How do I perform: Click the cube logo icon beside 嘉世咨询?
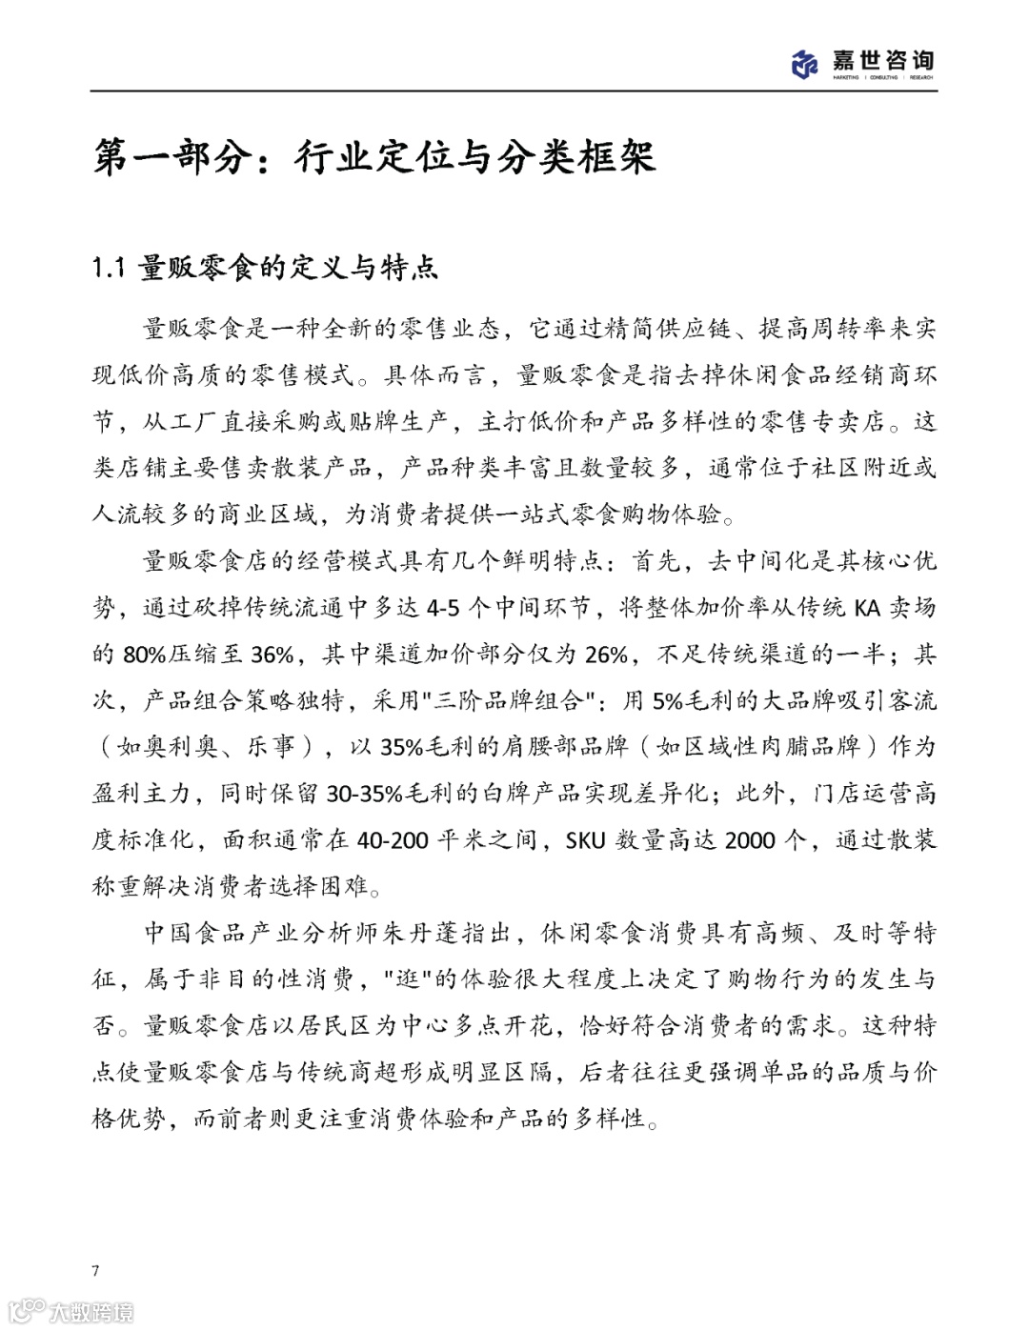point(805,63)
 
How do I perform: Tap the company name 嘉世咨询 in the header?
point(882,59)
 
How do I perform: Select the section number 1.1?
point(109,269)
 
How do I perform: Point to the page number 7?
point(95,1270)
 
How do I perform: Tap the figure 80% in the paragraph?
point(143,655)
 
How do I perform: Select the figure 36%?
point(272,655)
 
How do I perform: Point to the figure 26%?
point(605,655)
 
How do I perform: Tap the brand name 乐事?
point(271,747)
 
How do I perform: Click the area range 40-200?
point(392,840)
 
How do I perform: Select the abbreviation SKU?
point(585,840)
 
